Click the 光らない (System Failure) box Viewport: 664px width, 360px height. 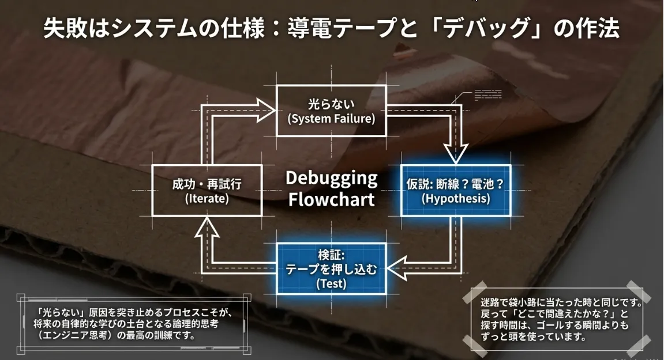coord(331,111)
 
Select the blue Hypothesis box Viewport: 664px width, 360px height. coord(455,191)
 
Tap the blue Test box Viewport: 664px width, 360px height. coord(331,268)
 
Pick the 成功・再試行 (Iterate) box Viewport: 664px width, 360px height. coord(207,191)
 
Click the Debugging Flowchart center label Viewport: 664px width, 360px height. coord(331,188)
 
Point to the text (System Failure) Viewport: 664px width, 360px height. coord(331,119)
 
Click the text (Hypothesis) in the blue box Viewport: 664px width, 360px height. coord(455,199)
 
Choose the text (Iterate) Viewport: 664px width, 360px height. coord(207,199)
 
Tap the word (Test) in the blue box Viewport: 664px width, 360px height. coord(331,283)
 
